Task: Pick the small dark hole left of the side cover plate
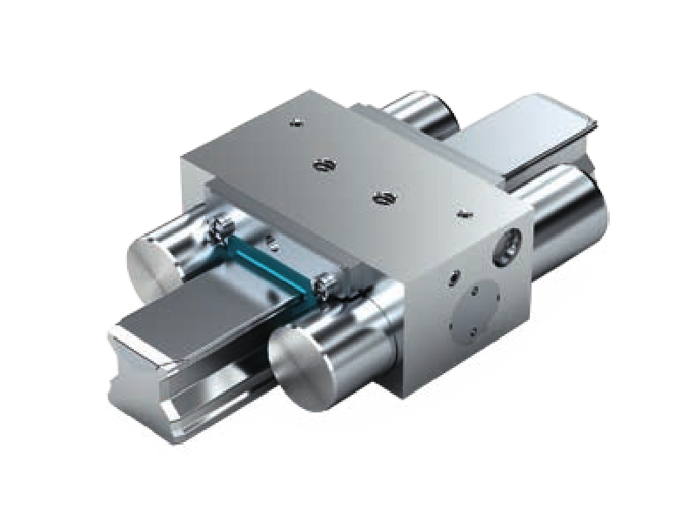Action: click(x=452, y=279)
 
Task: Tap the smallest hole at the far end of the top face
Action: click(x=295, y=123)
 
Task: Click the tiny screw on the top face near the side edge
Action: click(x=464, y=211)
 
